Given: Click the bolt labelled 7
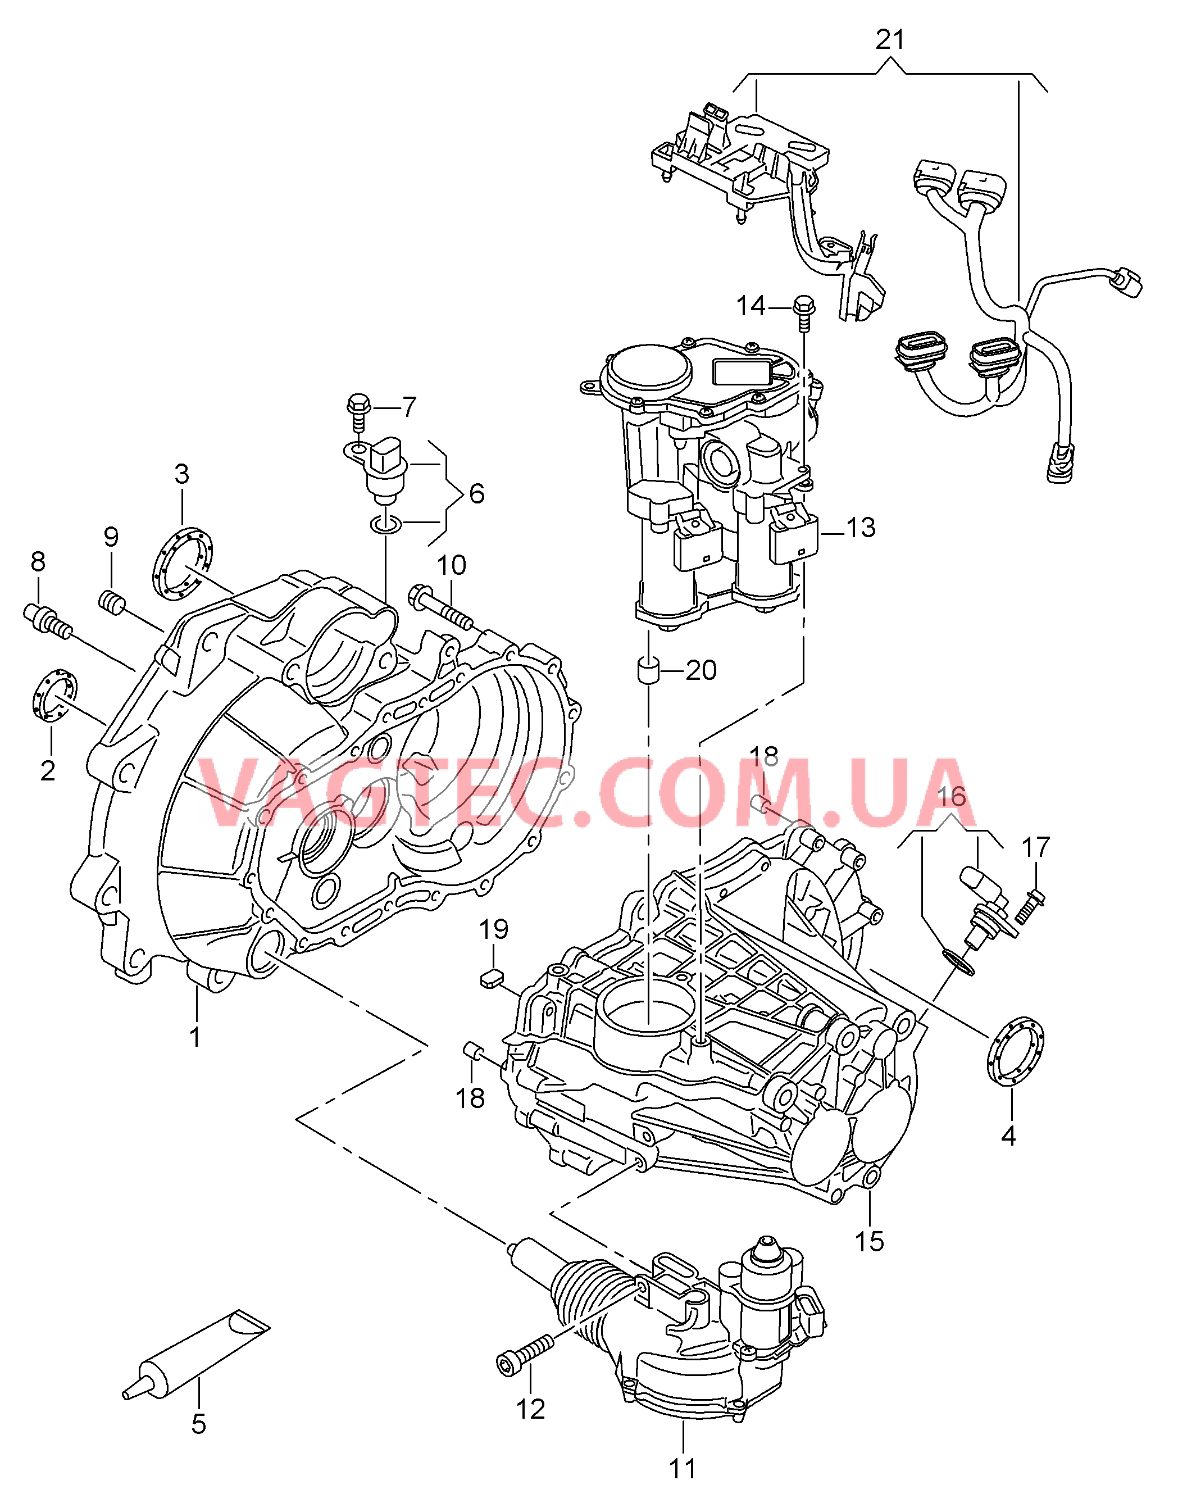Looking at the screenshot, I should click(x=358, y=408).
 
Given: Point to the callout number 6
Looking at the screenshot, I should click(x=476, y=494).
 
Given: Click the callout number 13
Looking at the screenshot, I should click(x=860, y=528).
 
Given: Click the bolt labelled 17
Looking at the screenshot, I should click(x=1031, y=907).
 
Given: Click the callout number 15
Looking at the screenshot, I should click(x=869, y=1241).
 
